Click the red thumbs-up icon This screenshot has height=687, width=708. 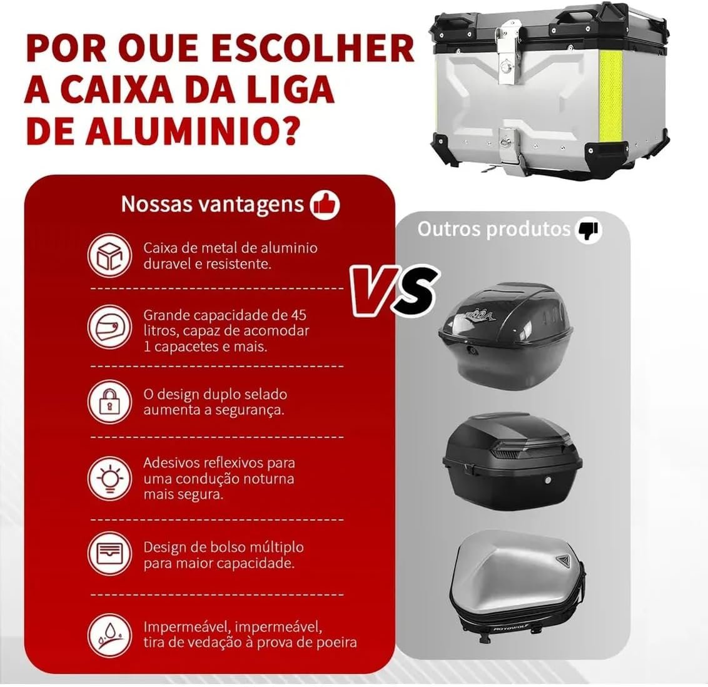[325, 204]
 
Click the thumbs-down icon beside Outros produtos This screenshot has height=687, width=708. [587, 230]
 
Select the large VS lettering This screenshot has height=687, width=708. [392, 289]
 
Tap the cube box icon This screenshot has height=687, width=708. [109, 256]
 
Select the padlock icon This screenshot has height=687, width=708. [109, 402]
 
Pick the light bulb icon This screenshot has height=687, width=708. [109, 479]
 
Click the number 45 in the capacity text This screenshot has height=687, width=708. [298, 314]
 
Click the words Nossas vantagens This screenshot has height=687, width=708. [212, 204]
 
